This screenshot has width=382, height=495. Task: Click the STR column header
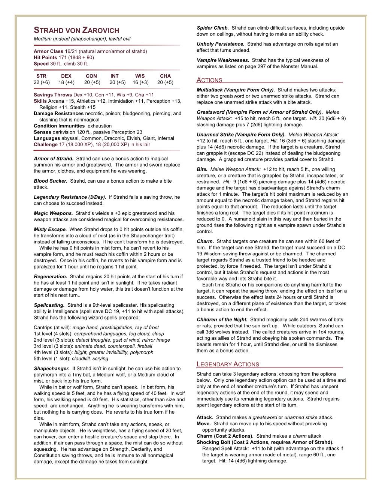click(41, 76)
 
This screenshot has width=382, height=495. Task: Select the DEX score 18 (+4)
click(66, 82)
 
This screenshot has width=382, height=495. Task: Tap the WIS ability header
click(140, 76)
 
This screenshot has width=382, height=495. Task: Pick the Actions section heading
click(209, 80)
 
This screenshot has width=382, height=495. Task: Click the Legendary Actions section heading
click(228, 364)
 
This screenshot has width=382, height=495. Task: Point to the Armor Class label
click(48, 51)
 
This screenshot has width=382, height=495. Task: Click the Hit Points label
click(45, 57)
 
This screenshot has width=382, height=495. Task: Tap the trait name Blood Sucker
click(51, 181)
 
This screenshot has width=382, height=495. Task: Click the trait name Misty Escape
click(50, 229)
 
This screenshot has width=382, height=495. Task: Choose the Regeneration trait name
click(51, 277)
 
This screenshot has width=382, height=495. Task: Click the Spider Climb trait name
click(213, 28)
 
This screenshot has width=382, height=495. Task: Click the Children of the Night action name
click(222, 319)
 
